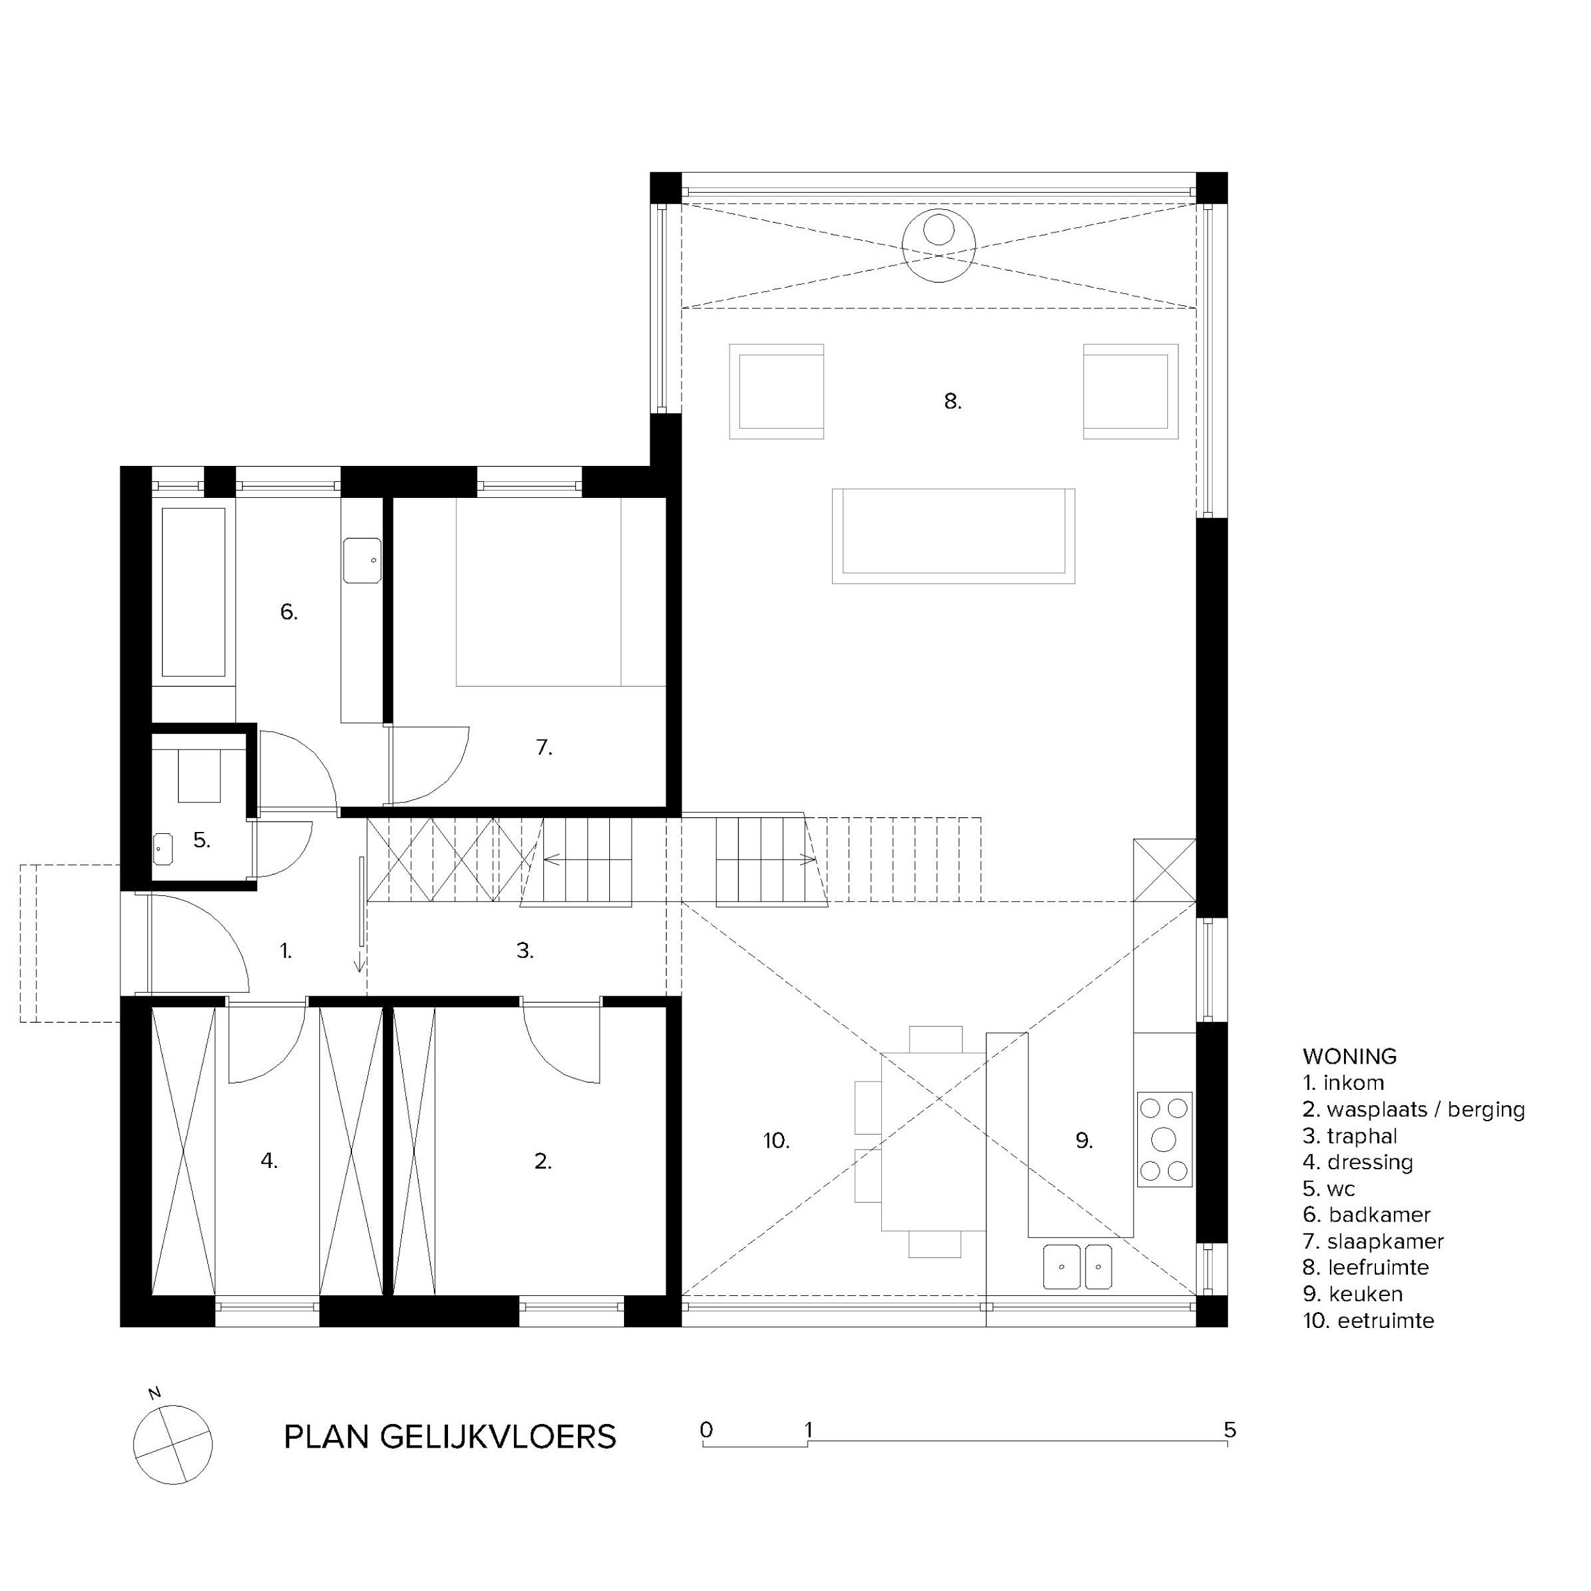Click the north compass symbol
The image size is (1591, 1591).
(x=172, y=1445)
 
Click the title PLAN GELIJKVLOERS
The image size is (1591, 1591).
(x=450, y=1437)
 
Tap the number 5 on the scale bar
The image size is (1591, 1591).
(x=1229, y=1430)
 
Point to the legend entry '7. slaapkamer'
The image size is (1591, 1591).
(x=1373, y=1241)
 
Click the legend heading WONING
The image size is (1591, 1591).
(x=1350, y=1056)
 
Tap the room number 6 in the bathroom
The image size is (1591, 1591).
(x=288, y=612)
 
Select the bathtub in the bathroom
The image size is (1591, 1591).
(x=193, y=592)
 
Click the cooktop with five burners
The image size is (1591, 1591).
(x=1164, y=1139)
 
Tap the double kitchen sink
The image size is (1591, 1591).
(x=1077, y=1266)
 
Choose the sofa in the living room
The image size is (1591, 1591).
(x=954, y=536)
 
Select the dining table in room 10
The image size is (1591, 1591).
(x=934, y=1140)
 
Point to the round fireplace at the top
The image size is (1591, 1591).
(x=939, y=246)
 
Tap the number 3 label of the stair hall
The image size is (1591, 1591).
(x=525, y=950)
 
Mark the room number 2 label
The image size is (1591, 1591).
(x=543, y=1161)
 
